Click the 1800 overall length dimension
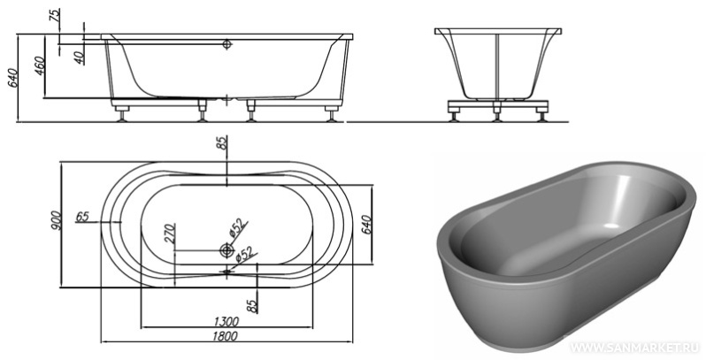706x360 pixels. (x=225, y=336)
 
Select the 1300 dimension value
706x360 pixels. (x=226, y=321)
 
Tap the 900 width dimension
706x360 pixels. (x=55, y=220)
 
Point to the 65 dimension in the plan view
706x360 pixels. (x=82, y=217)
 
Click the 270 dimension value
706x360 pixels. (x=170, y=234)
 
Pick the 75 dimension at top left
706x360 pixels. (x=55, y=16)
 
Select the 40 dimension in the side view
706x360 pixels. (x=80, y=57)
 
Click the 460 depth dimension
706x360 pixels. (x=40, y=65)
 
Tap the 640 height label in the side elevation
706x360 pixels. (x=12, y=78)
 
